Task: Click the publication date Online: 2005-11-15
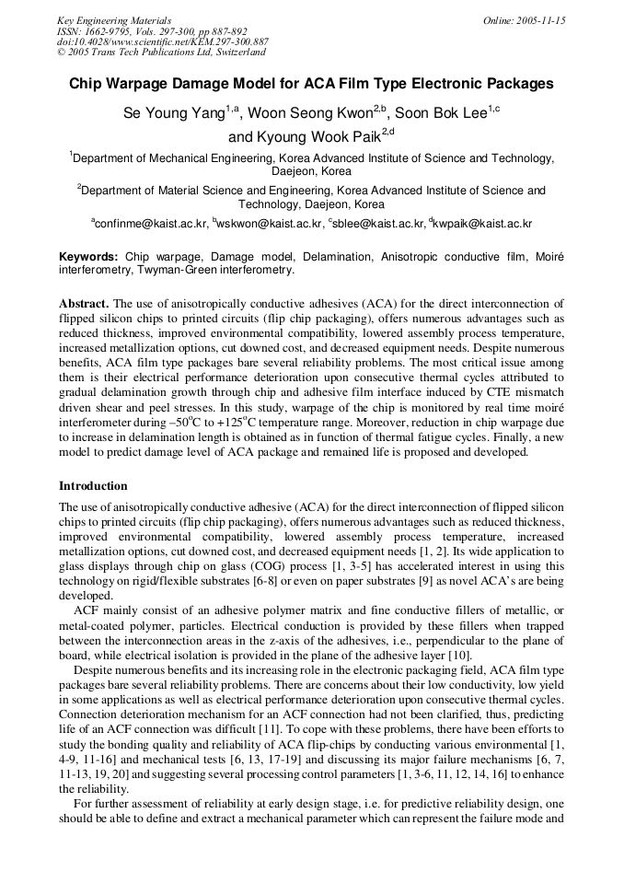525,20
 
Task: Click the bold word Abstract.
84,303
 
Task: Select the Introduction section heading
93,485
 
